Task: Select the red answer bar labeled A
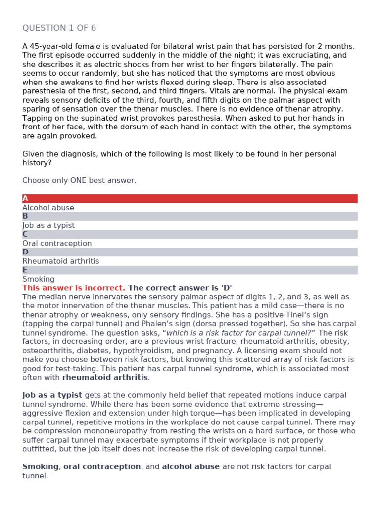[x=190, y=199]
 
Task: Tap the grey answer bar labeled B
[x=190, y=216]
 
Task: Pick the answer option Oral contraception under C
[x=57, y=243]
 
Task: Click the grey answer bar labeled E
[x=190, y=270]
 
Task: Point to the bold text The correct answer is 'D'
[x=180, y=288]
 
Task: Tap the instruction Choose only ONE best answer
[x=79, y=180]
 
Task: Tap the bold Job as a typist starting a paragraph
[x=52, y=395]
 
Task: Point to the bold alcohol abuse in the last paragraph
[x=190, y=466]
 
